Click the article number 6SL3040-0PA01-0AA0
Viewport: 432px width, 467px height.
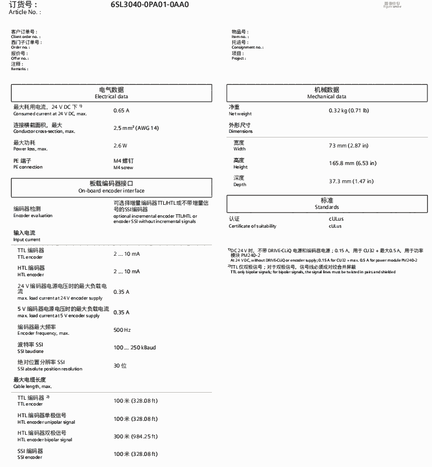[x=150, y=5]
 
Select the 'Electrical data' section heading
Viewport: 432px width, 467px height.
[x=111, y=93]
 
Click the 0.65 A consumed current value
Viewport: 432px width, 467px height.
[x=121, y=111]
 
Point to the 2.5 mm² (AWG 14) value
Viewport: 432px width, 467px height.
[x=136, y=127]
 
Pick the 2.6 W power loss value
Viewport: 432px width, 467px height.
[x=120, y=145]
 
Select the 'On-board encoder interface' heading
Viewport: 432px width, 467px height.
[x=111, y=187]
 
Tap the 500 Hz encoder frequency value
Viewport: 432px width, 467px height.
[x=122, y=330]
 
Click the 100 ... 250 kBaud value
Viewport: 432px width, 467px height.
[x=135, y=348]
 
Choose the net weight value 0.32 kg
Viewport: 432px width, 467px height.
[x=349, y=111]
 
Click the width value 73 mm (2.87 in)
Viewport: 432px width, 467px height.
[x=349, y=145]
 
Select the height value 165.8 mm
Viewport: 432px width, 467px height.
[x=352, y=163]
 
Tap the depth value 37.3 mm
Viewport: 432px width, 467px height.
[x=351, y=181]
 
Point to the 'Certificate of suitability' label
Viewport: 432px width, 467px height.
[x=252, y=226]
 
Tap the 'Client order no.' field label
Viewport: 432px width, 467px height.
[x=26, y=36]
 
